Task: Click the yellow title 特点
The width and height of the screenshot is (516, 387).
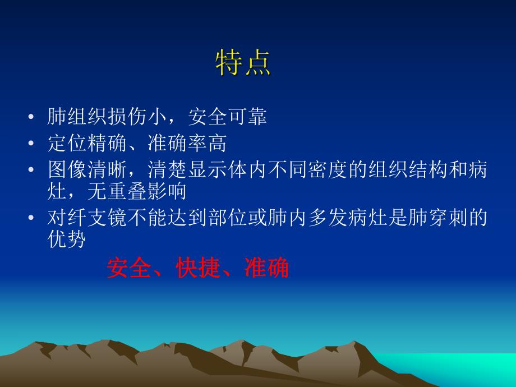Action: [243, 63]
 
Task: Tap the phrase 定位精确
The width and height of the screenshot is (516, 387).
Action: [84, 144]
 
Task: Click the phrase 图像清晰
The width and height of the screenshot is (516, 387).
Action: [84, 170]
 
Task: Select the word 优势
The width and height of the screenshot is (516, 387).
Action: [66, 240]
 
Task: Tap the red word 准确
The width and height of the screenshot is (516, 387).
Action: [266, 269]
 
